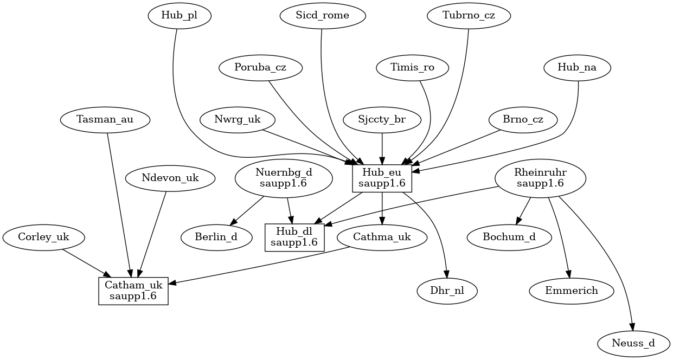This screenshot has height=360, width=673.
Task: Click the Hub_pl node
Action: [x=179, y=16]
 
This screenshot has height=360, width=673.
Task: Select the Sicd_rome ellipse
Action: [x=323, y=16]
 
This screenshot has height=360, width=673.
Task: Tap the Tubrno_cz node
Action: [x=469, y=16]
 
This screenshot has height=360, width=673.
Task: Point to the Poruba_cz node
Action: [x=260, y=68]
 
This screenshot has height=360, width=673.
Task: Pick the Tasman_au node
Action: [x=105, y=120]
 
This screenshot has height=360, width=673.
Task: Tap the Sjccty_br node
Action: [x=382, y=120]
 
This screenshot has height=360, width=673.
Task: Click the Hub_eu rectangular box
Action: [x=382, y=178]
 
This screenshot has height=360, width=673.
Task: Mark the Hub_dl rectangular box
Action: [x=294, y=237]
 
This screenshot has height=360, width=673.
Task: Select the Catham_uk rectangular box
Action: [x=133, y=291]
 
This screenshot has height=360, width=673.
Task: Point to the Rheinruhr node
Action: [x=541, y=178]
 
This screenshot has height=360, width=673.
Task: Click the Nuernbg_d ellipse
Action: [x=284, y=178]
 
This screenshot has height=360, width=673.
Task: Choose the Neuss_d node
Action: [x=633, y=343]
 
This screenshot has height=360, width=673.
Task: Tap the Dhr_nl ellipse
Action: [x=447, y=291]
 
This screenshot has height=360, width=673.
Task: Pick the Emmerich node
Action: [x=572, y=291]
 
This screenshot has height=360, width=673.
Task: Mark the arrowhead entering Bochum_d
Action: [x=518, y=221]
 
